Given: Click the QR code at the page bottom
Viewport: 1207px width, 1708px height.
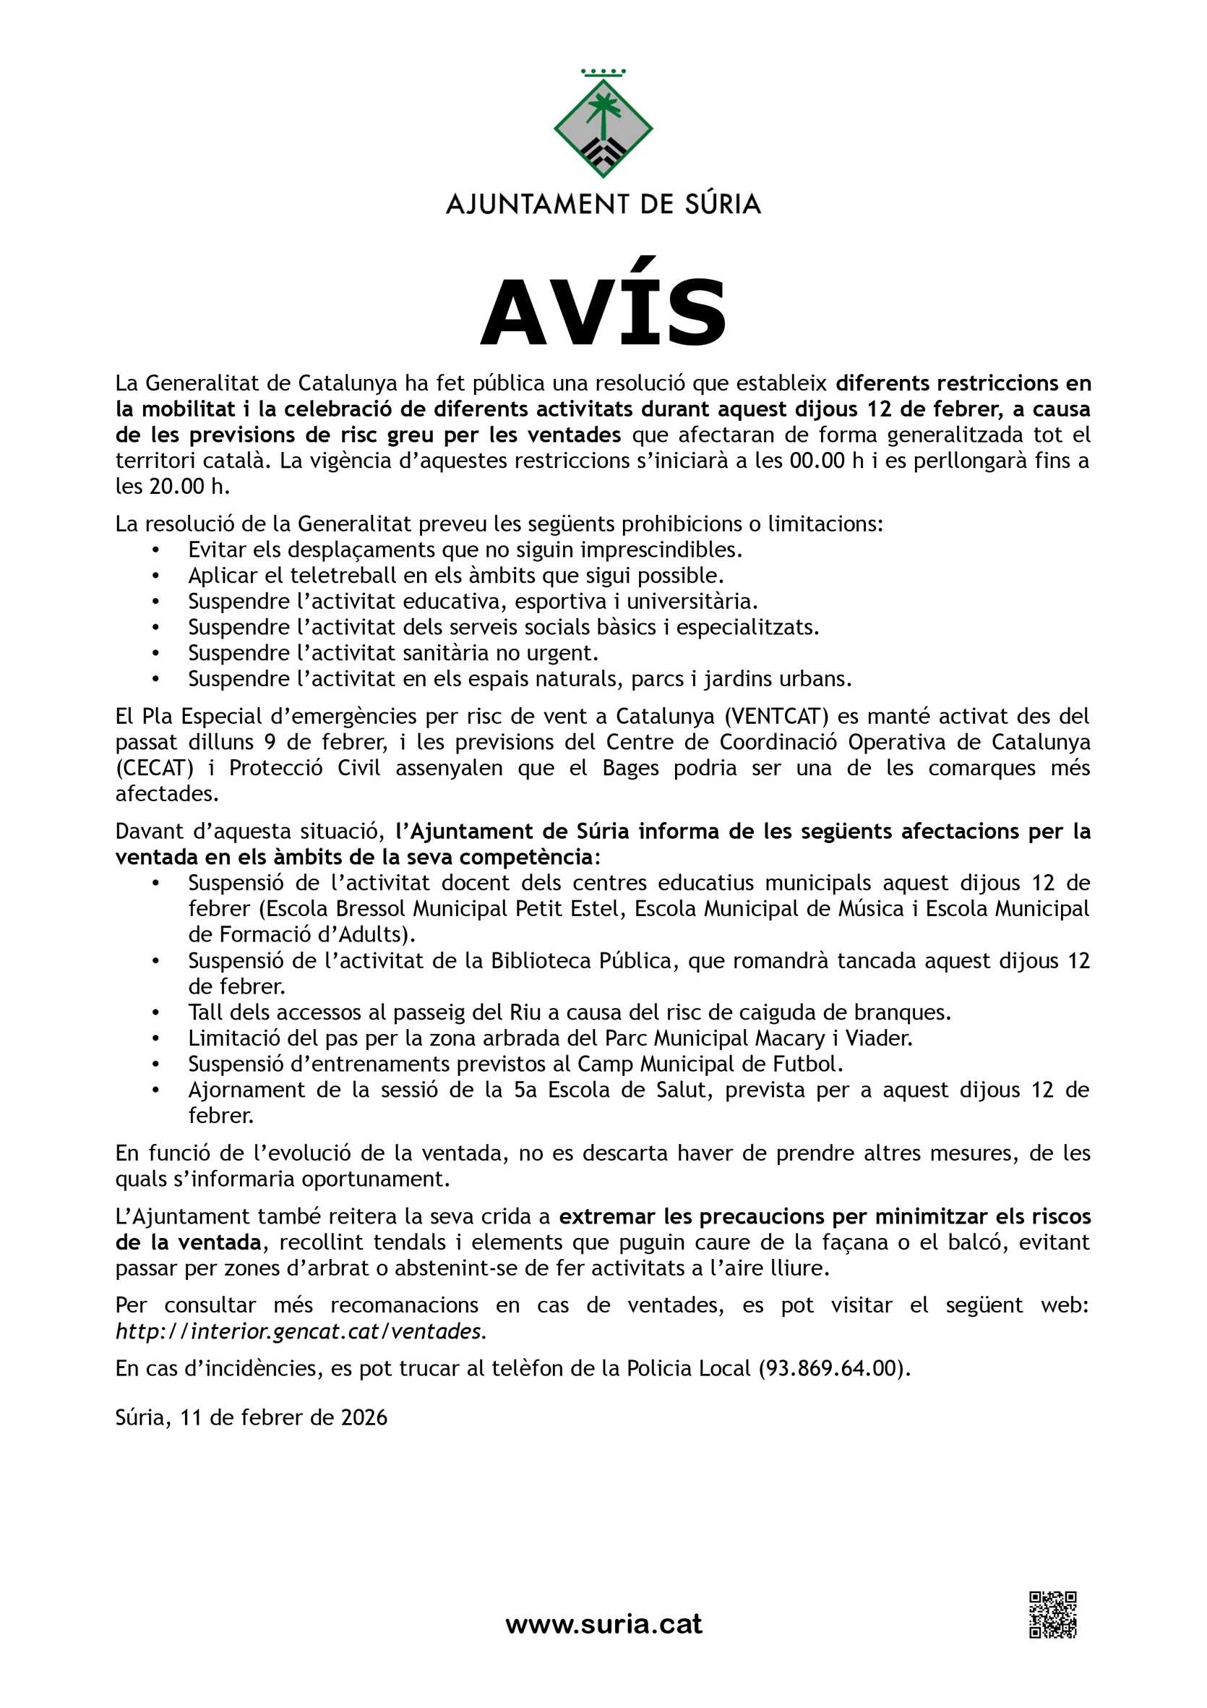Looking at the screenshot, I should point(1052,1614).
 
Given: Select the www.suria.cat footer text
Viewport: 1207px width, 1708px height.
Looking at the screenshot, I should point(603,1623).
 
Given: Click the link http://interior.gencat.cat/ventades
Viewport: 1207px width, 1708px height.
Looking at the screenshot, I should point(301,1331).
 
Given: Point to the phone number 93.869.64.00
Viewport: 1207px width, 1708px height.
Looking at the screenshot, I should point(829,1368).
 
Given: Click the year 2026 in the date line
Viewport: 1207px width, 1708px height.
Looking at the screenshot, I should point(364,1417).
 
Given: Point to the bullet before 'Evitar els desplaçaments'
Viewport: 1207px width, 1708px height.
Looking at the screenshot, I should point(155,550).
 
